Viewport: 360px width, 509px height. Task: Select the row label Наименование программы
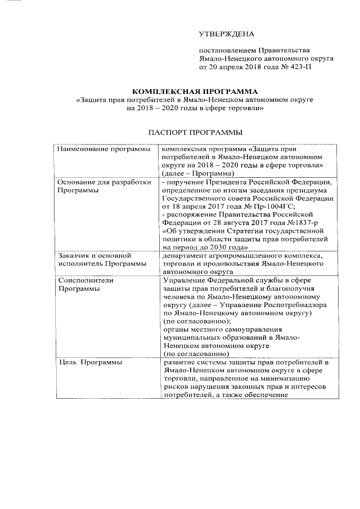point(104,149)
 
